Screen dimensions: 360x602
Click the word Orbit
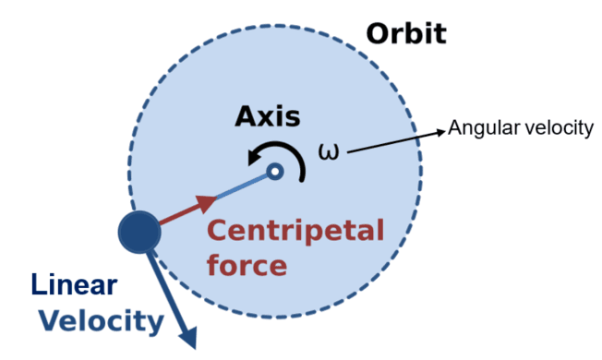(406, 34)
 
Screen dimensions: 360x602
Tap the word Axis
(268, 116)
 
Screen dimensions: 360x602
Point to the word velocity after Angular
(553, 128)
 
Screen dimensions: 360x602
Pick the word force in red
(246, 267)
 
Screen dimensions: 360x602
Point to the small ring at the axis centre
(274, 171)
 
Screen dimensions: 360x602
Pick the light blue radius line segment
(244, 186)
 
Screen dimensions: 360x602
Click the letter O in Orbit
(378, 34)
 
